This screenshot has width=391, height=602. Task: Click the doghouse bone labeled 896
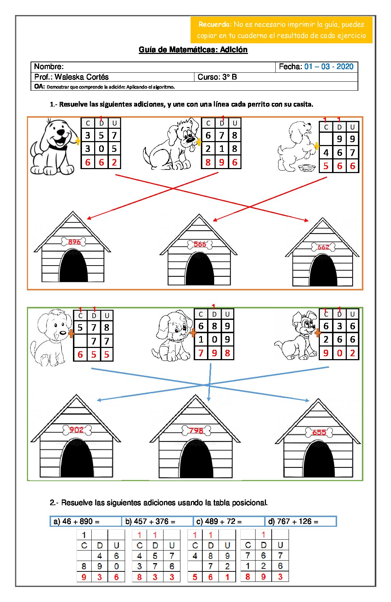pos(74,241)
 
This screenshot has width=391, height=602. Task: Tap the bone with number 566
pos(200,244)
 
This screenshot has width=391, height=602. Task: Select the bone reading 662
pos(323,247)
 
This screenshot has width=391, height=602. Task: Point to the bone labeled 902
pos(77,430)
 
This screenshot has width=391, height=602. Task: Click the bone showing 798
pos(196,430)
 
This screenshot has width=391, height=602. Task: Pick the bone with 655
pos(319,433)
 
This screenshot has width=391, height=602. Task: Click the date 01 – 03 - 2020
pos(328,67)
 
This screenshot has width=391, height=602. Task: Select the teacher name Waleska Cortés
pos(82,77)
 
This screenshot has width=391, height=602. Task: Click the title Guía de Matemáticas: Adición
pos(193,50)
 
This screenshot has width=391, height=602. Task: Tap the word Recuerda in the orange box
pos(214,24)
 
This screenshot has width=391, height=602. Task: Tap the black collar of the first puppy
pos(58,147)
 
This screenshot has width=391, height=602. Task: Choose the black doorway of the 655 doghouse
pos(319,459)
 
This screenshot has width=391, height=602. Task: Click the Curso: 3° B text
pos(217,77)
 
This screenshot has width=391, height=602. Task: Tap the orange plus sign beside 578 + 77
pos(71,334)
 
